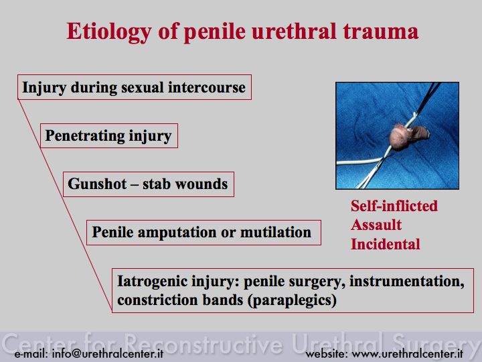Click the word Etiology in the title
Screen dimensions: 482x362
pos(109,32)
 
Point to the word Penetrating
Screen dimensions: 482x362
pos(84,135)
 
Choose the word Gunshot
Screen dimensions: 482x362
pos(97,184)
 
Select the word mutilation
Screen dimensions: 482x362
pos(276,232)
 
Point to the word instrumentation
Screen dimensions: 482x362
pos(407,282)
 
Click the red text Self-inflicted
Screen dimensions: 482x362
pos(394,206)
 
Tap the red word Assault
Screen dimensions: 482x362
pos(376,225)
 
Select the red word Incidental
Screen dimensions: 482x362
pos(386,245)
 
